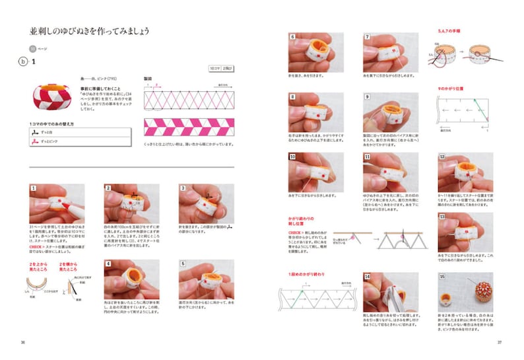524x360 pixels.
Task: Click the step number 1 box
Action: coord(32,189)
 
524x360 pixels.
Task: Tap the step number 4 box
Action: coord(108,264)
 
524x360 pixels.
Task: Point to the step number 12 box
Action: coord(441,157)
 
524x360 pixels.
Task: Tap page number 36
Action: coord(23,342)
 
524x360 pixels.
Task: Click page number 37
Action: coord(500,342)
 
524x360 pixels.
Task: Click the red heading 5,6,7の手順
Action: coord(449,31)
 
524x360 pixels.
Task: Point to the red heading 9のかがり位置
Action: coord(451,88)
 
